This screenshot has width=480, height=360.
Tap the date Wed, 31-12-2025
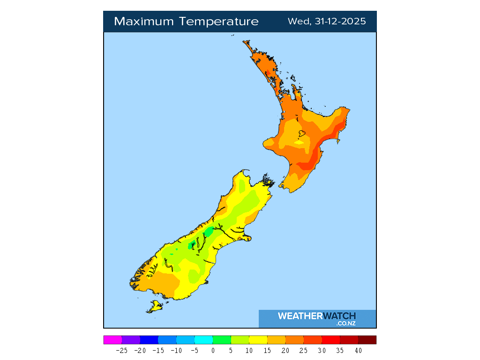[327, 22]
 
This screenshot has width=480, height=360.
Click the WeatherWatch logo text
[317, 316]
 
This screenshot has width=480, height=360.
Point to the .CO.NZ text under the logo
[346, 323]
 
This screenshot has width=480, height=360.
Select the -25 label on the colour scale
[122, 350]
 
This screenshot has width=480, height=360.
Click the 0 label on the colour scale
[213, 350]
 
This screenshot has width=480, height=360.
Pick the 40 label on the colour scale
[358, 350]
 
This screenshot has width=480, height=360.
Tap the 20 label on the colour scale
[285, 350]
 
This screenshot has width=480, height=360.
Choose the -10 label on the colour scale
[176, 350]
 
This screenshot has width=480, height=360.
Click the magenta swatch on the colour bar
[112, 340]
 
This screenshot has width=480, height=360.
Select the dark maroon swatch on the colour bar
[367, 340]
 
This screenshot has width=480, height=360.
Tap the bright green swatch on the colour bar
[222, 340]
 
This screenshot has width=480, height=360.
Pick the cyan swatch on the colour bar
[203, 340]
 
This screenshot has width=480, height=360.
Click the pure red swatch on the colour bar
[330, 340]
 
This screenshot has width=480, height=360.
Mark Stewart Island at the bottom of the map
[154, 307]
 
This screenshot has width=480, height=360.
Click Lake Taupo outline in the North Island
[301, 134]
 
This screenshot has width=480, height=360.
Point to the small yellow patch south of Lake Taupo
[299, 142]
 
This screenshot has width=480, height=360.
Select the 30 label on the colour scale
[322, 350]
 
